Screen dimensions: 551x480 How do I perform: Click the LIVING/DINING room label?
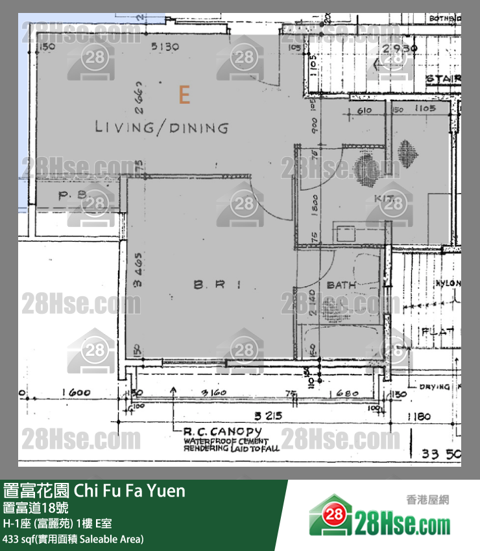(x=162, y=127)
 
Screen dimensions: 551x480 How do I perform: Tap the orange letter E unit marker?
(x=184, y=97)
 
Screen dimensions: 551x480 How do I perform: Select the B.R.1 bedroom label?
(x=217, y=284)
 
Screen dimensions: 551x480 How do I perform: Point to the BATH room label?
(x=341, y=285)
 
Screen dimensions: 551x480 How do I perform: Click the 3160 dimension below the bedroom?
(x=213, y=393)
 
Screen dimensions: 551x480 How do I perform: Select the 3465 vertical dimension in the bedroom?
(x=138, y=270)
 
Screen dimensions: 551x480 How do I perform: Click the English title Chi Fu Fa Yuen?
(x=130, y=491)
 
